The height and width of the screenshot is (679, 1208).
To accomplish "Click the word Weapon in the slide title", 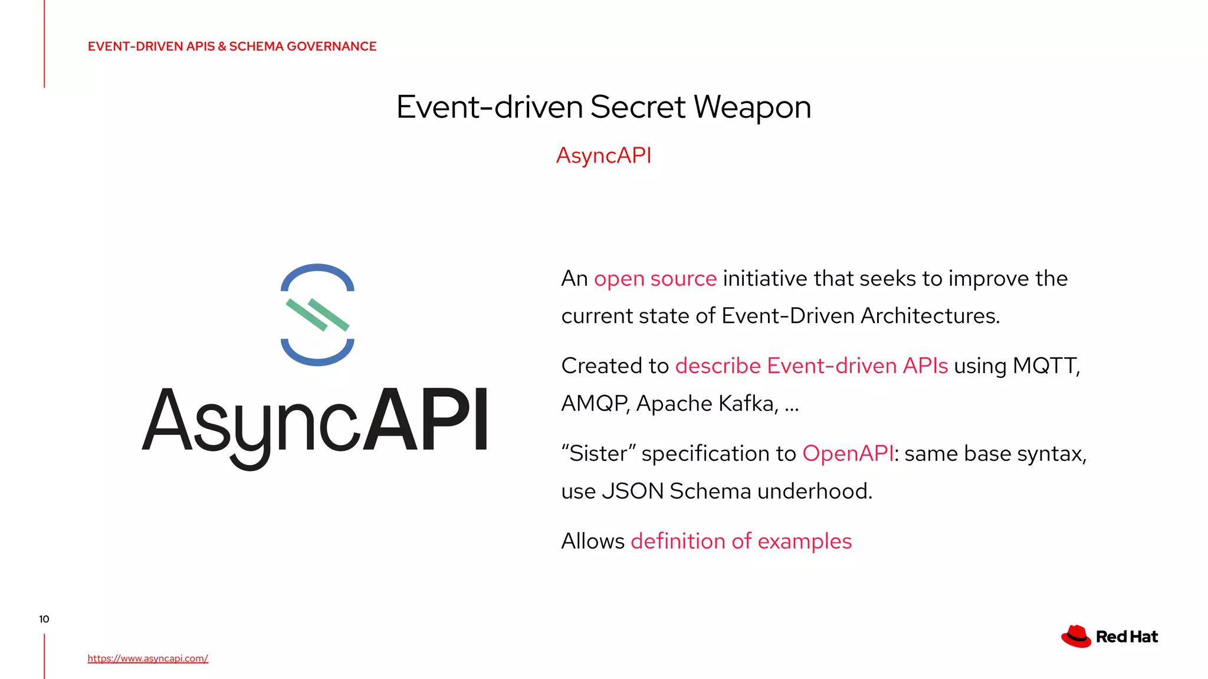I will click(752, 107).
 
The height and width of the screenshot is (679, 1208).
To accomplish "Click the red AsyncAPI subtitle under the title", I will click(603, 156).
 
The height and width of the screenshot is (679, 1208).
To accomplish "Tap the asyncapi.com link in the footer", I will click(147, 658).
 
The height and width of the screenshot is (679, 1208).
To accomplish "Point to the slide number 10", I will click(44, 619).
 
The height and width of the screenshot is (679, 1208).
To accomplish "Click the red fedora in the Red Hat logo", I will click(1076, 637).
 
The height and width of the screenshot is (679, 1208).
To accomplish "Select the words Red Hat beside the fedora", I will click(1127, 637).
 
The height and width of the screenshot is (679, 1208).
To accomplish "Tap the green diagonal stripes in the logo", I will click(317, 315).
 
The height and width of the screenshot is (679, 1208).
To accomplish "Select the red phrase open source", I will click(655, 279).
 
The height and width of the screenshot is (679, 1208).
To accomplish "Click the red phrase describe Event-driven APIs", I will click(811, 366).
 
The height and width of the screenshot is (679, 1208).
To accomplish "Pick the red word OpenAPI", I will click(848, 454).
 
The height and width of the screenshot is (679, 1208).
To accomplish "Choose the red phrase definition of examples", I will click(741, 541).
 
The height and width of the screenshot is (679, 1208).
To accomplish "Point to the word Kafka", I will click(746, 404).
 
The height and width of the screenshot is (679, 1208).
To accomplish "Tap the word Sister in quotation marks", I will click(598, 454).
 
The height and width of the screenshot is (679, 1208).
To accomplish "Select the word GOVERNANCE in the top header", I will click(331, 47).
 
